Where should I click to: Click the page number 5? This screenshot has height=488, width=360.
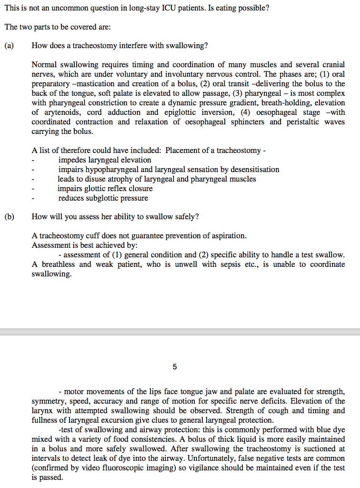point(175,367)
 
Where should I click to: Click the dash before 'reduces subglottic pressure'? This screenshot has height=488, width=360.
point(33,198)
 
